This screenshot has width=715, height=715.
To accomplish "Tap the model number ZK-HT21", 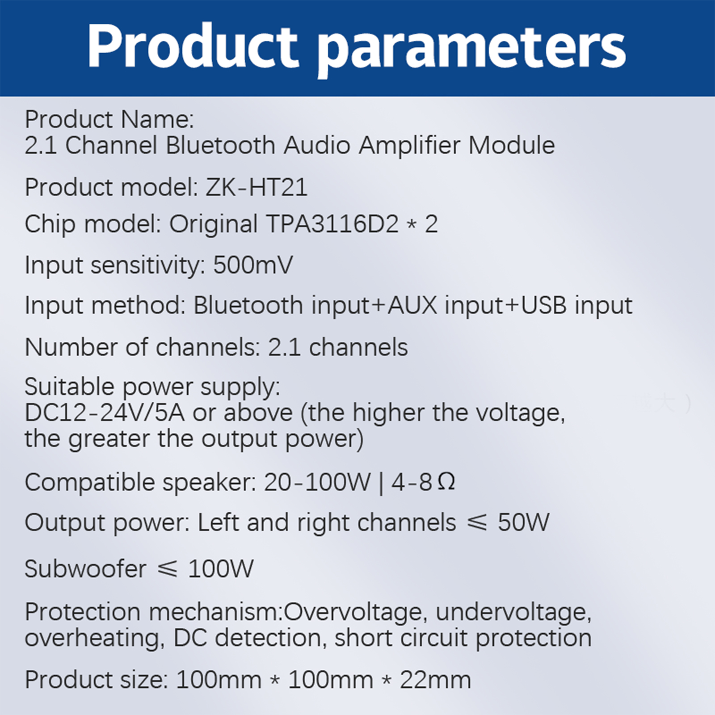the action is coord(257,187).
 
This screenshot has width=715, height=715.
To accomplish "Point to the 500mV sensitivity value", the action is coord(253,265).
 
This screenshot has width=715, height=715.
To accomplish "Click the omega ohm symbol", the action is coord(446,482).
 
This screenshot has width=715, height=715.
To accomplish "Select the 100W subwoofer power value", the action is coord(221,569).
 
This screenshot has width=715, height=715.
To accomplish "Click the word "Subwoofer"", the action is coord(85,569).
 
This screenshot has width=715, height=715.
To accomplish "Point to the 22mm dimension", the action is coord(435,680).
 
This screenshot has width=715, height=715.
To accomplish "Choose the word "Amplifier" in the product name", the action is coord(409,146).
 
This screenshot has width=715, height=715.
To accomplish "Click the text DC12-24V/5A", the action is coord(105,412).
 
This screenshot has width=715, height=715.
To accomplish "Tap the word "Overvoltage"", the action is coord(353,612).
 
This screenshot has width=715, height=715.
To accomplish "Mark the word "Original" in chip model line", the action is coord(214,224).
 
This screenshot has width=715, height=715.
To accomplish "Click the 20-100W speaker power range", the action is coord(317,482).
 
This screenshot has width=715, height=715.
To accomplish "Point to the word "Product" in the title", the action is coord(193,46).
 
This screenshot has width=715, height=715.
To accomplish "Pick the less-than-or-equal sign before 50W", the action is coord(476,523).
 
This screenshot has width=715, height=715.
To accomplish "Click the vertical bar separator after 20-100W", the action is coord(381,483).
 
